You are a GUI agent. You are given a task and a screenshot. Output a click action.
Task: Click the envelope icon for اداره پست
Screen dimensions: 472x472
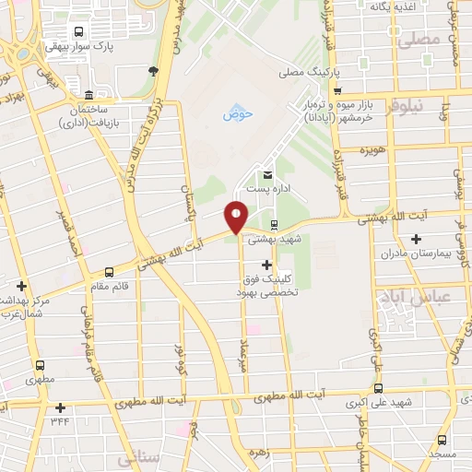click(x=268, y=175)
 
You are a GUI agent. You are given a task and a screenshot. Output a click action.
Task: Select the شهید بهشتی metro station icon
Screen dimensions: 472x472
click(x=274, y=224)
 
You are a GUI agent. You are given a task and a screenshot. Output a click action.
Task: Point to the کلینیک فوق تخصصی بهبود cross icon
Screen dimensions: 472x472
click(x=267, y=265)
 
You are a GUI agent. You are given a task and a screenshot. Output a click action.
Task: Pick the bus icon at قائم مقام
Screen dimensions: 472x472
click(x=111, y=272)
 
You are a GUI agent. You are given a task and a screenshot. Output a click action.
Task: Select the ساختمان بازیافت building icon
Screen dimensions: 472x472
click(x=88, y=95)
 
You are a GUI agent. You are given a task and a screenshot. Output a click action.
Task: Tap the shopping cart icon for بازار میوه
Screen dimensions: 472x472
click(x=338, y=90)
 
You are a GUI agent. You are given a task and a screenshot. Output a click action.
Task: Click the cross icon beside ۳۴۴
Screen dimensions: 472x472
click(x=61, y=407)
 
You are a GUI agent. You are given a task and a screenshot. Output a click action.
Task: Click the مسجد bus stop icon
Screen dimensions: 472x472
click(x=442, y=440)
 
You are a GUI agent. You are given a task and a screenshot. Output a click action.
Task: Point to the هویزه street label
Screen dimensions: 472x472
click(x=372, y=149)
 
